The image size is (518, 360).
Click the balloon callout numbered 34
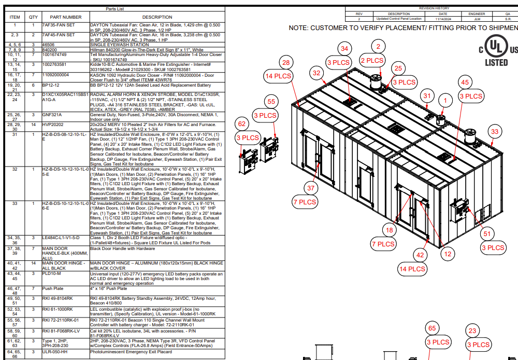click(x=344, y=48)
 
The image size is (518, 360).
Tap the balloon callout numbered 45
click(x=465, y=82)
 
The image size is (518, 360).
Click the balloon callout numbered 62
click(x=241, y=124)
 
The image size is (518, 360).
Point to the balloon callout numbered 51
click(x=486, y=234)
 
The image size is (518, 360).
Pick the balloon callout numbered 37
click(x=311, y=188)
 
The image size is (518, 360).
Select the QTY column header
click(x=33, y=17)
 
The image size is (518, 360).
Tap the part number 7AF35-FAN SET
click(x=58, y=24)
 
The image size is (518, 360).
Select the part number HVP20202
click(x=53, y=124)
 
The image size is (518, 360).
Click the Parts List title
click(x=114, y=9)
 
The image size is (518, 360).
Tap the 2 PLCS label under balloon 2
click(x=372, y=61)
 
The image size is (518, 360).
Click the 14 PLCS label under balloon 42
click(x=412, y=269)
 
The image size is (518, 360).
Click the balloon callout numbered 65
click(x=431, y=328)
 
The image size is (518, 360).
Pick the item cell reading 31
click(x=15, y=134)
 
